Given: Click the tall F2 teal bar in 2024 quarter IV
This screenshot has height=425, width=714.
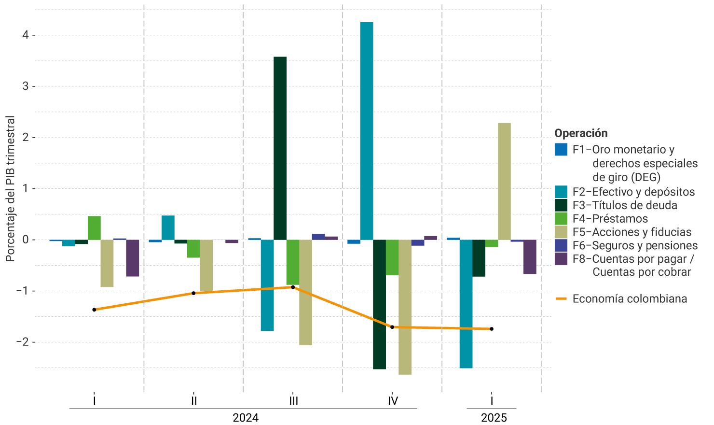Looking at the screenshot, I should pyautogui.click(x=367, y=130).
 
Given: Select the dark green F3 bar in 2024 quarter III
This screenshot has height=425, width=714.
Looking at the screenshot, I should pyautogui.click(x=280, y=148).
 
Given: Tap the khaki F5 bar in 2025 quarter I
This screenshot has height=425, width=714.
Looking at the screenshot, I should pyautogui.click(x=504, y=181).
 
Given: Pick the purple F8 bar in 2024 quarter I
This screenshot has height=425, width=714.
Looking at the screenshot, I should pyautogui.click(x=133, y=258).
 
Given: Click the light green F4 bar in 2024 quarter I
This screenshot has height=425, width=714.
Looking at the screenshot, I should pyautogui.click(x=94, y=228).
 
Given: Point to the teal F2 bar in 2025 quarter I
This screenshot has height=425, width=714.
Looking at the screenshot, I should pyautogui.click(x=466, y=304).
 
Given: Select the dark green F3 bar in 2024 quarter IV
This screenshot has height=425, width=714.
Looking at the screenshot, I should pyautogui.click(x=379, y=304).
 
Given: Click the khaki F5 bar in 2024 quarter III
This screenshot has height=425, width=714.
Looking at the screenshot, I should pyautogui.click(x=305, y=292).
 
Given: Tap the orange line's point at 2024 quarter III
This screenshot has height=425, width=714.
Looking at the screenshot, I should pyautogui.click(x=293, y=287).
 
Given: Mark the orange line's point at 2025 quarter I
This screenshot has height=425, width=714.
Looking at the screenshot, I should pyautogui.click(x=492, y=329).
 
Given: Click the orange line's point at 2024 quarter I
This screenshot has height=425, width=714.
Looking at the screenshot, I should pyautogui.click(x=94, y=310).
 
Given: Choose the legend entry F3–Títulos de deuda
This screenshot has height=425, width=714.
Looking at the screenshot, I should pyautogui.click(x=625, y=205).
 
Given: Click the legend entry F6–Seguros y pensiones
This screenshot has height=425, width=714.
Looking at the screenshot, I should pyautogui.click(x=635, y=245).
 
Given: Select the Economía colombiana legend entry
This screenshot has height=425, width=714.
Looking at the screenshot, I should pyautogui.click(x=630, y=298).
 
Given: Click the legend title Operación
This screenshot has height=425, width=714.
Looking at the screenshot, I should pyautogui.click(x=581, y=133).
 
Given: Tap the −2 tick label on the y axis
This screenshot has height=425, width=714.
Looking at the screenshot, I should pyautogui.click(x=22, y=342).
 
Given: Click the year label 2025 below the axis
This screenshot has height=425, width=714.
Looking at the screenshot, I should pyautogui.click(x=494, y=418).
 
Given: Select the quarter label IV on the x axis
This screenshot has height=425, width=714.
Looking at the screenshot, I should pyautogui.click(x=393, y=401).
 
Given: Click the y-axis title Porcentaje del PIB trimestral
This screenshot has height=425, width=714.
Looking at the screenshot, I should pyautogui.click(x=11, y=188).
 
